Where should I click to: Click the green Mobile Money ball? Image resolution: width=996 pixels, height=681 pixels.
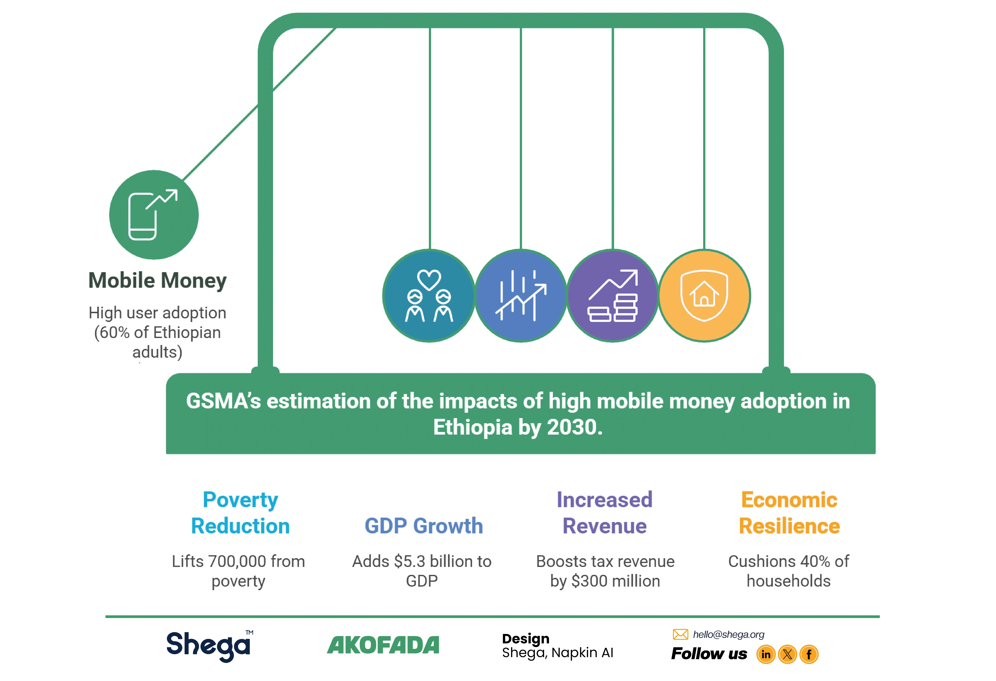(154, 215)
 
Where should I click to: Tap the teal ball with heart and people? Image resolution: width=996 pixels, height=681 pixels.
(429, 296)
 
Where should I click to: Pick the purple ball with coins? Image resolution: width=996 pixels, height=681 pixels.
(613, 296)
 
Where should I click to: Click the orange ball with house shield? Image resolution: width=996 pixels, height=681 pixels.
(704, 296)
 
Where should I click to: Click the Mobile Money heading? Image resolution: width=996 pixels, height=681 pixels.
(157, 281)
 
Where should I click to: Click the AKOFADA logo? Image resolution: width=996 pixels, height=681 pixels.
(383, 645)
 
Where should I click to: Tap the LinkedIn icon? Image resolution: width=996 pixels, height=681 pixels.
(766, 654)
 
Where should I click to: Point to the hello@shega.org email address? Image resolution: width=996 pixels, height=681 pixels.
(729, 634)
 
